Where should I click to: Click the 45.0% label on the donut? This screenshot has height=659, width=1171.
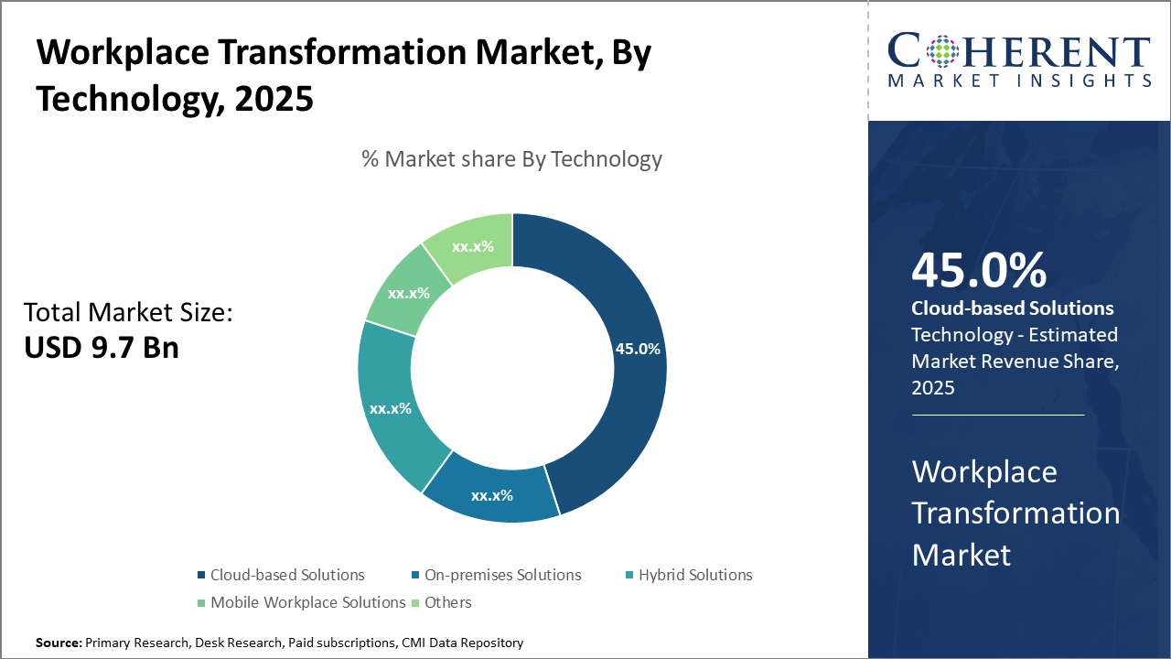638,349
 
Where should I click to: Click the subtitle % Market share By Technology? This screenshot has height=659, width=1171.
511,159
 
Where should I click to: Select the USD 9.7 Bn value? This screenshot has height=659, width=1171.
102,347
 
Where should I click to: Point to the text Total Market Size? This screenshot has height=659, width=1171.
128,312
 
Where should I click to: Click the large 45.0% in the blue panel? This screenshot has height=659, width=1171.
979,271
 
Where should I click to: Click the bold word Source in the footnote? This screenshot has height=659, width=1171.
59,643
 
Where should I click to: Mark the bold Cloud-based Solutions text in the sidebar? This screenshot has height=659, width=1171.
1013,308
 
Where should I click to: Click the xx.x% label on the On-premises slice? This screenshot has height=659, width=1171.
492,495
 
